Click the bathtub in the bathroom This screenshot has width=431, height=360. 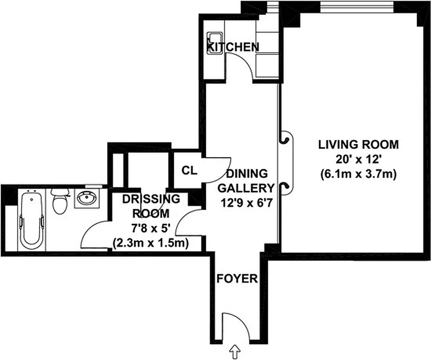(31, 219)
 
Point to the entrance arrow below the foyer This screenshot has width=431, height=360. (235, 350)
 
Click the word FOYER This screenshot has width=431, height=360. (237, 279)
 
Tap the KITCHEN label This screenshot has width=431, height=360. (233, 47)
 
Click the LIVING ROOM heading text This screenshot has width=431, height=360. (358, 145)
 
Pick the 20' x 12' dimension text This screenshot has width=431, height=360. (358, 160)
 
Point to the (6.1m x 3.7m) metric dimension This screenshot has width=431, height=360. (358, 175)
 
